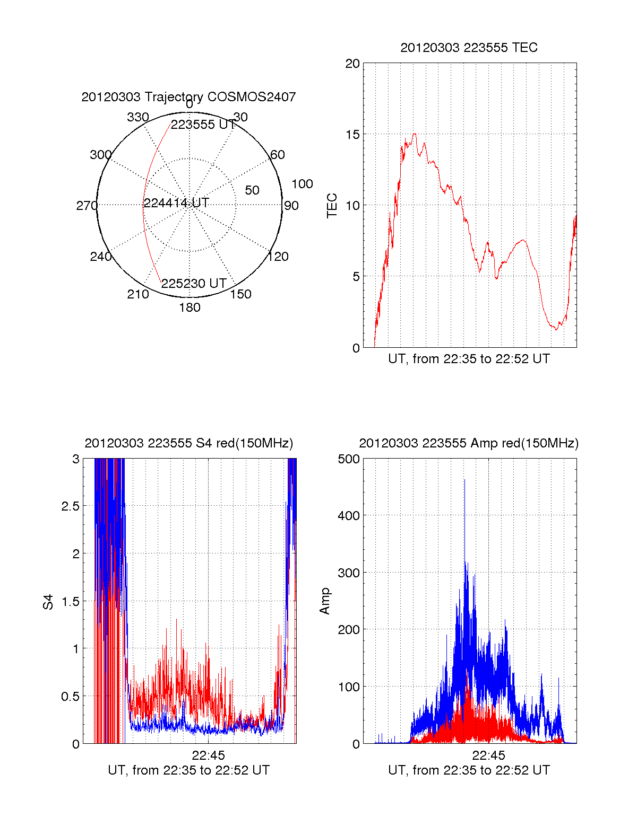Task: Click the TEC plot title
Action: click(469, 48)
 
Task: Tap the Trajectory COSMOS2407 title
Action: click(188, 97)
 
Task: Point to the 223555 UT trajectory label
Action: click(203, 125)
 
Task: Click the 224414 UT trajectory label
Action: click(176, 203)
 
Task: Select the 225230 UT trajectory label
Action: click(194, 284)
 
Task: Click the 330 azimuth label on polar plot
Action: click(137, 117)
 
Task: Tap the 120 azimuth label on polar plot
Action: click(278, 257)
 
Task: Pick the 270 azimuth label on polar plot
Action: click(87, 206)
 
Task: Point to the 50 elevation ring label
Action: click(252, 190)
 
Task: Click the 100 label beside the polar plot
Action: click(302, 184)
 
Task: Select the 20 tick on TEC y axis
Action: click(352, 64)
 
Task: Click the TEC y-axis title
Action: click(332, 206)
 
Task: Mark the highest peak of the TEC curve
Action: click(415, 134)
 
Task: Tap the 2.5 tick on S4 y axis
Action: click(70, 506)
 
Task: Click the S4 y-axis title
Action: click(48, 602)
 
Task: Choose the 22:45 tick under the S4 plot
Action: click(208, 755)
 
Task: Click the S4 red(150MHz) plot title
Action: click(188, 443)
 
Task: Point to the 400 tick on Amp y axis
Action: click(349, 515)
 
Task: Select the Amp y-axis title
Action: click(325, 601)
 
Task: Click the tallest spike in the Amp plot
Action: click(464, 480)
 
